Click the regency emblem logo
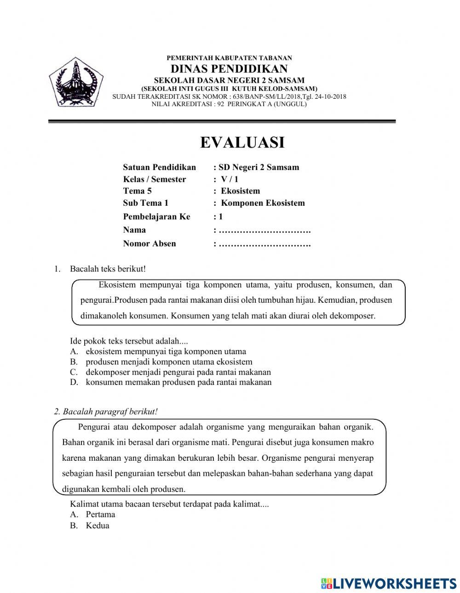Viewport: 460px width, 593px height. pyautogui.click(x=73, y=83)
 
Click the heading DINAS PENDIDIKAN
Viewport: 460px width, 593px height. pyautogui.click(x=229, y=69)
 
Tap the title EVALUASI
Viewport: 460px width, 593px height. pyautogui.click(x=242, y=142)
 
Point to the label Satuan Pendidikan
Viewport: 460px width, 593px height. pyautogui.click(x=159, y=167)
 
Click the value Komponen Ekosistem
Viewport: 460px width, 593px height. pyautogui.click(x=263, y=203)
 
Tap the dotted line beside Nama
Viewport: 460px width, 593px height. pyautogui.click(x=264, y=230)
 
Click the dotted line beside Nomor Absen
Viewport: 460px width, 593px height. pyautogui.click(x=264, y=244)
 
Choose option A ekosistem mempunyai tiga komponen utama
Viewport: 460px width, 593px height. pyautogui.click(x=166, y=352)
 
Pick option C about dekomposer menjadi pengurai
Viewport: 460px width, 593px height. pyautogui.click(x=178, y=372)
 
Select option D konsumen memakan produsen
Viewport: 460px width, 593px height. pyautogui.click(x=178, y=382)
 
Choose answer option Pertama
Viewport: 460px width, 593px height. pyautogui.click(x=100, y=514)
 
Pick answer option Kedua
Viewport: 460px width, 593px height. pyautogui.click(x=98, y=525)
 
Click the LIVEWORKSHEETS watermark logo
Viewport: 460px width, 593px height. pyautogui.click(x=389, y=583)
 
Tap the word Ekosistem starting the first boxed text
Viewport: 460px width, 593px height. pyautogui.click(x=117, y=285)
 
